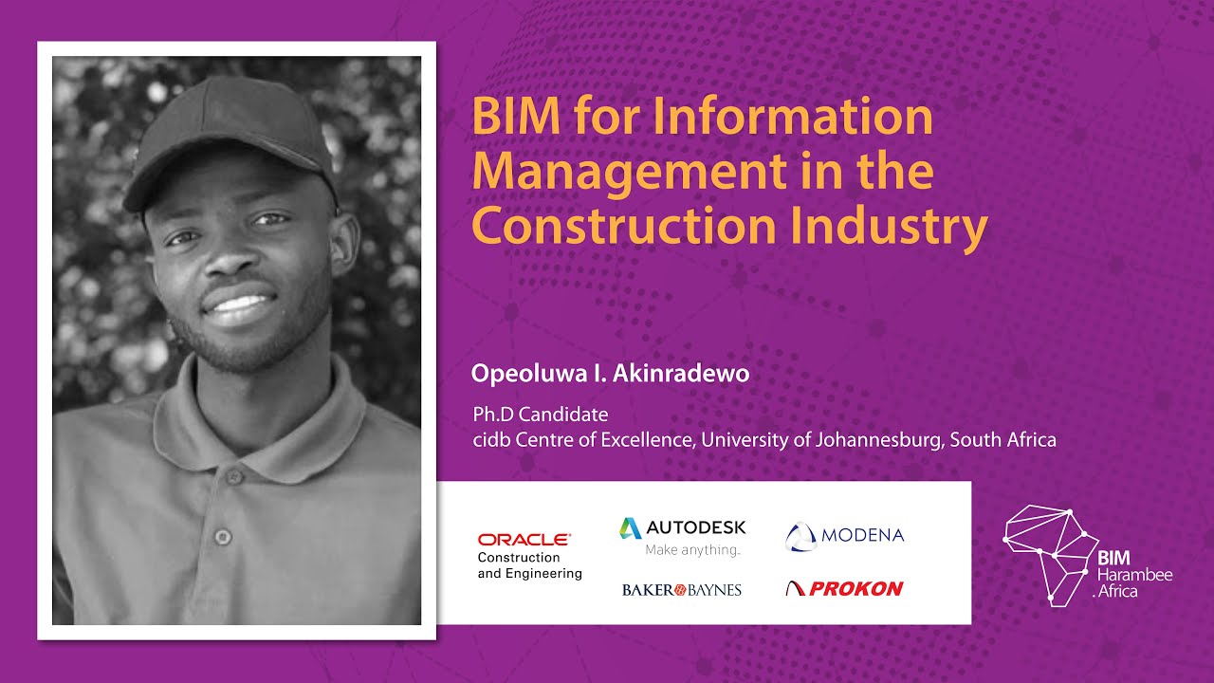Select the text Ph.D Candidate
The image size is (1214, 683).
(x=541, y=415)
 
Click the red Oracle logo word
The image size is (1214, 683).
(x=524, y=540)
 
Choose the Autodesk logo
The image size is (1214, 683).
(x=683, y=527)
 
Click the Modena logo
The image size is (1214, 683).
(x=845, y=536)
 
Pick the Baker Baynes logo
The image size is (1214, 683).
(x=682, y=590)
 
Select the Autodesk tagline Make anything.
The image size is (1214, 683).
(x=692, y=550)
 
